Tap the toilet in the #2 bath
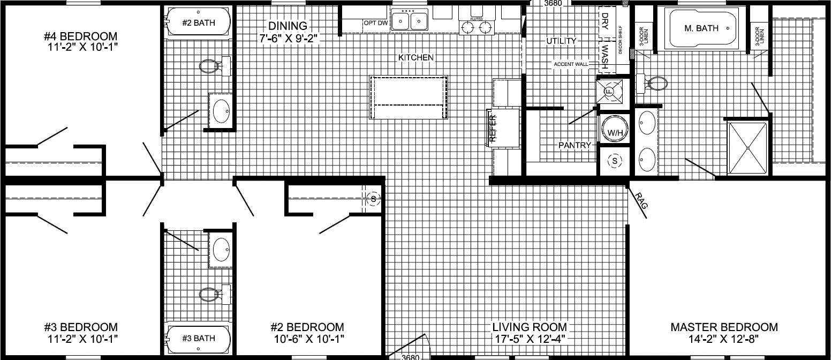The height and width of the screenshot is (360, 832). (x=211, y=66)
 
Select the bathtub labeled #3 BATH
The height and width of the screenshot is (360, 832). (x=198, y=338)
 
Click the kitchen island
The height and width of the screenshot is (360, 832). (x=409, y=98)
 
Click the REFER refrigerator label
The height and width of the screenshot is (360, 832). (x=493, y=129)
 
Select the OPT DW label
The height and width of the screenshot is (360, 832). (x=375, y=22)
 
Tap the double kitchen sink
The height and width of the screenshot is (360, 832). (x=410, y=21)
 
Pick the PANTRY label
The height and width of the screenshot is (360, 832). (x=574, y=145)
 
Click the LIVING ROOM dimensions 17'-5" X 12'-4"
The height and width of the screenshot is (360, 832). (x=529, y=339)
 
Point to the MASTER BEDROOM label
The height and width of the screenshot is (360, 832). (x=724, y=327)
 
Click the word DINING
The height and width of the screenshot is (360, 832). (x=288, y=26)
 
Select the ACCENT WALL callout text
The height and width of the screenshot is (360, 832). (x=571, y=64)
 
